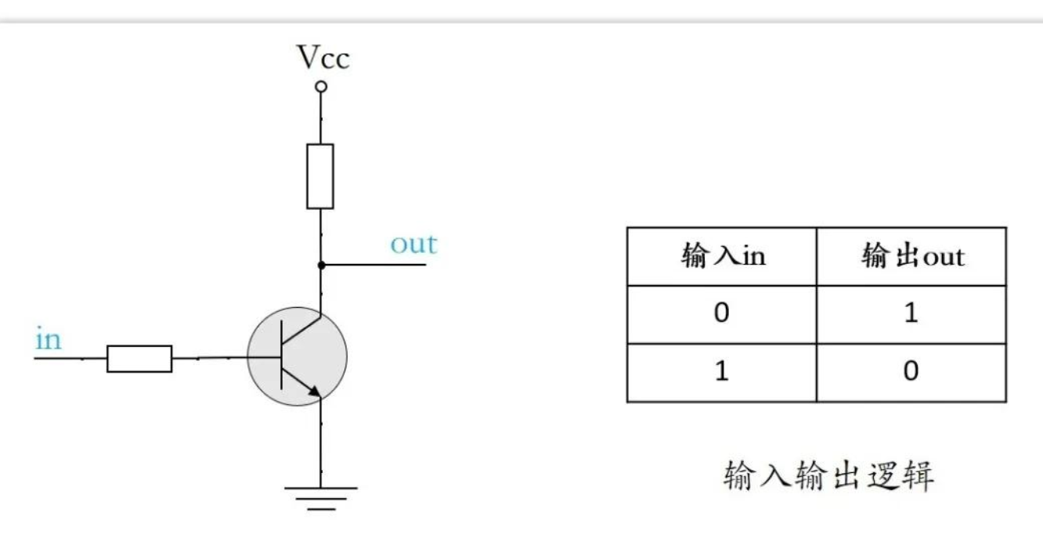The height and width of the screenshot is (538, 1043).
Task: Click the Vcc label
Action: point(323,57)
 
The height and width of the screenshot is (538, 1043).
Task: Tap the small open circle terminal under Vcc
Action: point(320,87)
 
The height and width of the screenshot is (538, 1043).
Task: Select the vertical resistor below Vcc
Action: point(319,176)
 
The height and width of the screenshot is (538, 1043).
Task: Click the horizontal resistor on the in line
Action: point(139,358)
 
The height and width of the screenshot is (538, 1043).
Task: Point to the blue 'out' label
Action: point(413,244)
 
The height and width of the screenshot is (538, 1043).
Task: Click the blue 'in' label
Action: point(48,340)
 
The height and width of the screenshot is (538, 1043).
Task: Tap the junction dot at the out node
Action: point(320,265)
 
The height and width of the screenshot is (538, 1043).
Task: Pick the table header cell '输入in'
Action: point(722,256)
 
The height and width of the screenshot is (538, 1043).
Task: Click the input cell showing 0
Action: point(721,314)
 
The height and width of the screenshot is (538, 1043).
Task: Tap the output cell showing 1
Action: point(911,314)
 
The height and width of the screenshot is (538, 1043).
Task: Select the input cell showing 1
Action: point(721,371)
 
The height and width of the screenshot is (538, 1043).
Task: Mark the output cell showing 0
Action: point(911,371)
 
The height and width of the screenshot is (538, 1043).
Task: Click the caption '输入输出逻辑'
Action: point(829,475)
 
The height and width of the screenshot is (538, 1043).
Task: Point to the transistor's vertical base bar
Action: point(281,357)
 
